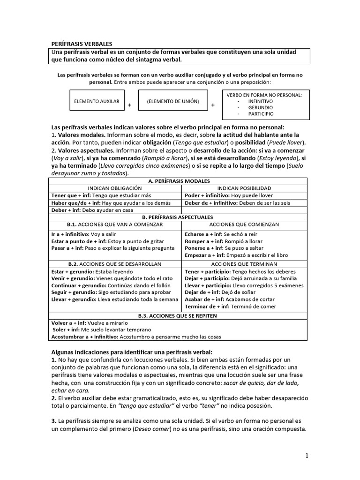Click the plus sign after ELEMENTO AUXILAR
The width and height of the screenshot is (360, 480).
[x=129, y=105]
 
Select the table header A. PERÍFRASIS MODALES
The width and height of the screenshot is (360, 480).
[x=179, y=181]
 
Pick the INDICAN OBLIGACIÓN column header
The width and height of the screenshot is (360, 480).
[x=116, y=188]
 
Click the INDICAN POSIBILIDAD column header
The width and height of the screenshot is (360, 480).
[x=244, y=188]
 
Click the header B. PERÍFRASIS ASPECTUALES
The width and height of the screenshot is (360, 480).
[x=179, y=217]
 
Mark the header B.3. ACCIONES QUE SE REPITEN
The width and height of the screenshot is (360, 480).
[x=179, y=316]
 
